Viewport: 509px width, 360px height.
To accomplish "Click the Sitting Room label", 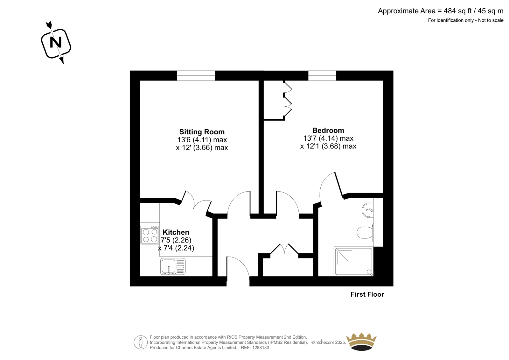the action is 202,132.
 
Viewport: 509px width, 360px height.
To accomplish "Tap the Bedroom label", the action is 328,130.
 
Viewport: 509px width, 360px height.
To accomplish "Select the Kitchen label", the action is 176,232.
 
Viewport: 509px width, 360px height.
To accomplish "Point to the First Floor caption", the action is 367,294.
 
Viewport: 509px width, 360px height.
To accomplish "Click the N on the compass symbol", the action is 56,42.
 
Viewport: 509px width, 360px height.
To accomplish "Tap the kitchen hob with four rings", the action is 150,235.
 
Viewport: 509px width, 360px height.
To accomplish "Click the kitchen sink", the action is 173,266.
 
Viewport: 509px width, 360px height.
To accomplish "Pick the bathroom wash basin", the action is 367,210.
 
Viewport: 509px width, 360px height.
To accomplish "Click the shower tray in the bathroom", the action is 353,262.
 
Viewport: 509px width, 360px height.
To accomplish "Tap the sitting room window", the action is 196,75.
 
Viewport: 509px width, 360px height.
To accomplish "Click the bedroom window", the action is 322,75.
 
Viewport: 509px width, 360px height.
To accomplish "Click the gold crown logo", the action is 361,342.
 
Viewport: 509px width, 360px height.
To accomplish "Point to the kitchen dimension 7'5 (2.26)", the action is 176,240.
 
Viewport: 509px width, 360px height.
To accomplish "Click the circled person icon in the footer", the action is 141,342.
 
